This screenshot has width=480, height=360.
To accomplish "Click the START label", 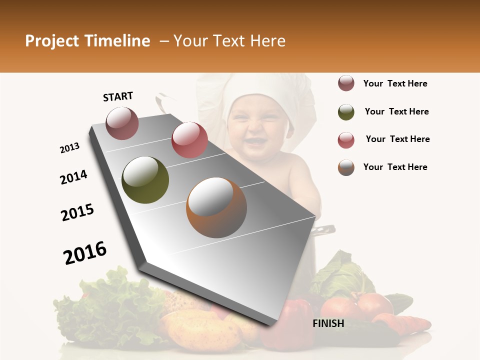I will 118,96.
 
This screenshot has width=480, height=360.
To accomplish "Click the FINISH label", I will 328,323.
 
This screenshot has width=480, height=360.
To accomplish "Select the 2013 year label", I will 70,148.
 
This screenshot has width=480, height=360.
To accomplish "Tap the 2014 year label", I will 73,177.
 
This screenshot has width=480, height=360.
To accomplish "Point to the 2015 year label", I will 77,212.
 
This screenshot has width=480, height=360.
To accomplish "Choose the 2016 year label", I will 85,252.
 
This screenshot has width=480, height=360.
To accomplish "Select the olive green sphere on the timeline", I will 145,180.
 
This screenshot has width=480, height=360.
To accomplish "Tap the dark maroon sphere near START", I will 122,123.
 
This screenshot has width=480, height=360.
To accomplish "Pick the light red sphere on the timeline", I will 189,140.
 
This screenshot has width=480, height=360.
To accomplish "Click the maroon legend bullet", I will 346,83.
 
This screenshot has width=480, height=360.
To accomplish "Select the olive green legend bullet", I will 346,112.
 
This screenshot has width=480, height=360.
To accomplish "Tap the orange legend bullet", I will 346,167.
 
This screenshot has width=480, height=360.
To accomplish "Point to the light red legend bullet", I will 346,140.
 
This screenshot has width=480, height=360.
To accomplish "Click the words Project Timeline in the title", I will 87,41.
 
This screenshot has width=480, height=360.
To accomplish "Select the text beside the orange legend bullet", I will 395,167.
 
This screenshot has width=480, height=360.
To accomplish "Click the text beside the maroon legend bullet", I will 395,83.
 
